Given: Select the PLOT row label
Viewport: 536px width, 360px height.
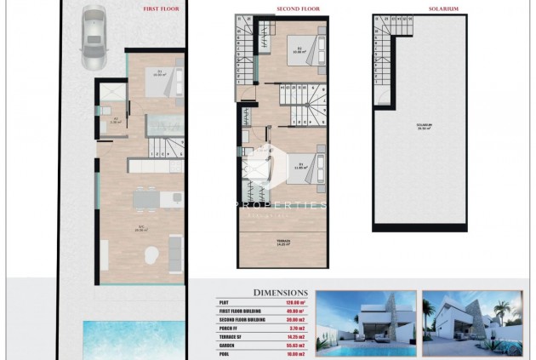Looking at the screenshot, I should [225, 301].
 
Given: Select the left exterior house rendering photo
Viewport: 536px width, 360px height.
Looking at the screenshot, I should [365, 324].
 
